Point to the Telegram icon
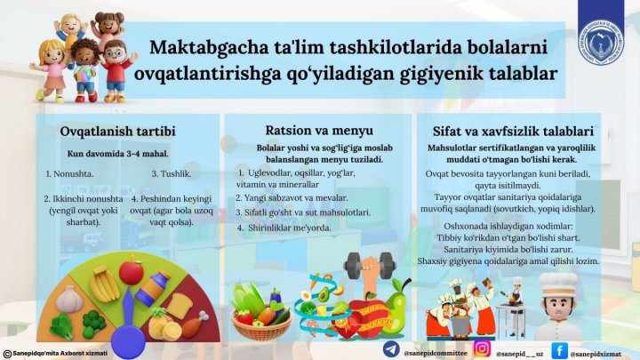pos(391,349)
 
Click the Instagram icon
pos(482,349)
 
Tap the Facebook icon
pos(560,349)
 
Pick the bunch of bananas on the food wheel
pos(104,284)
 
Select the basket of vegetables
pos(261,307)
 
